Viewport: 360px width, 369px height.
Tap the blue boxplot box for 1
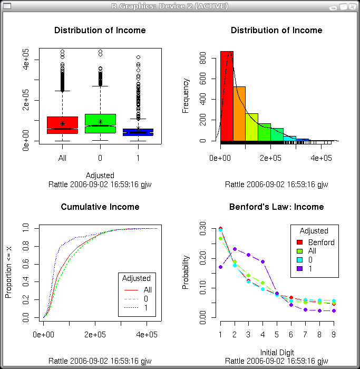point(138,132)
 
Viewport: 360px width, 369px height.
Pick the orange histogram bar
point(239,113)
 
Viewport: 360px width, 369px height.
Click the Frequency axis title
point(186,96)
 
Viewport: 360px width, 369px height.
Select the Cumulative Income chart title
point(100,207)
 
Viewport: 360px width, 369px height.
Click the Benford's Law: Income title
point(277,207)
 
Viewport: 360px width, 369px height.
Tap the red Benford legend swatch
point(300,242)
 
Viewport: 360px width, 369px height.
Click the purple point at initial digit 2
point(235,249)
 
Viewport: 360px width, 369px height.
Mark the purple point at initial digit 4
point(262,261)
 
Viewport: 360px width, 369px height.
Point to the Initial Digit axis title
point(277,352)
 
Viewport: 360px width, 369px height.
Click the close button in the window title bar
point(352,6)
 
